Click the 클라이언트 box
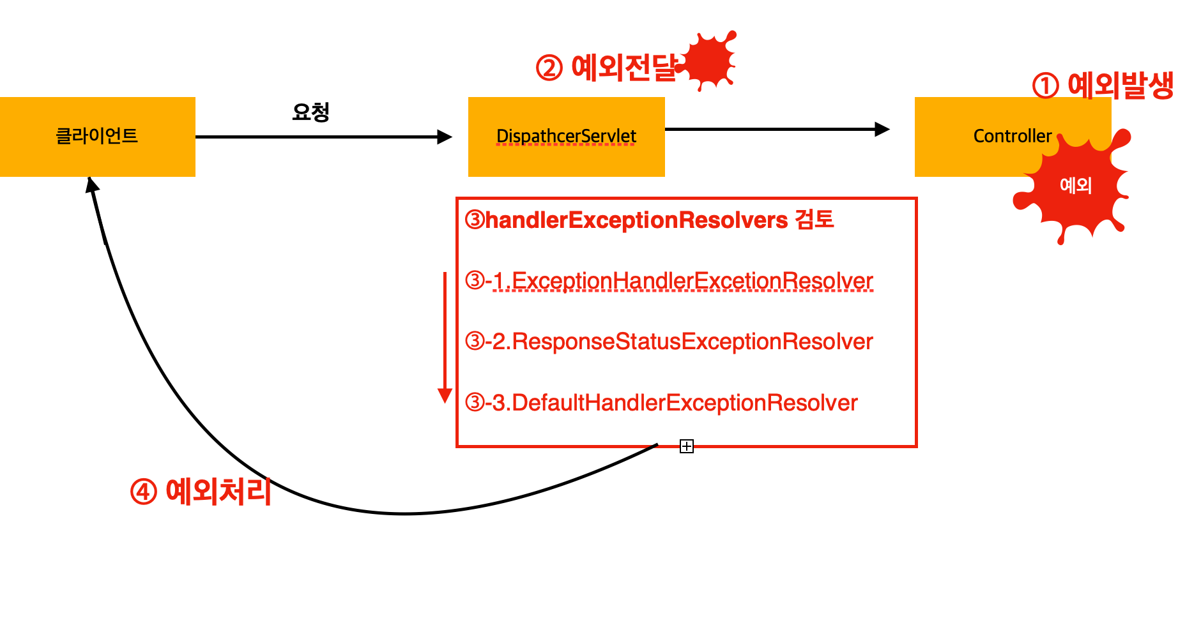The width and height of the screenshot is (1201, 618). tap(97, 137)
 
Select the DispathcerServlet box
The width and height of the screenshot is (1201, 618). tap(566, 137)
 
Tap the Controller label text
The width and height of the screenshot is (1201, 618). tap(1012, 136)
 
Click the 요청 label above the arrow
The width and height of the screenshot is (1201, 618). tap(310, 112)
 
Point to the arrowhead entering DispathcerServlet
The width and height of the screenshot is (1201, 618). tap(445, 137)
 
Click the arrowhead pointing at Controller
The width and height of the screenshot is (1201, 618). tap(882, 130)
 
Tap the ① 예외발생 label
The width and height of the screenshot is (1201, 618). tap(1103, 86)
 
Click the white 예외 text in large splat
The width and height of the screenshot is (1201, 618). tap(1076, 186)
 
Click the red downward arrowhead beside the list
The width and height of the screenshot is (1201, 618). tap(445, 396)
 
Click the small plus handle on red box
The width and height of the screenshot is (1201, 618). tap(687, 446)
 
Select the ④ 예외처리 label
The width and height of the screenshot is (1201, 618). tap(201, 492)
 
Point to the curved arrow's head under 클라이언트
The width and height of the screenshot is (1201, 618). tap(92, 185)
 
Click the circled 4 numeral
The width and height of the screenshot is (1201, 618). tap(144, 492)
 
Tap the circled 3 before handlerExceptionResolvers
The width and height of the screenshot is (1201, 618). tap(475, 220)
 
